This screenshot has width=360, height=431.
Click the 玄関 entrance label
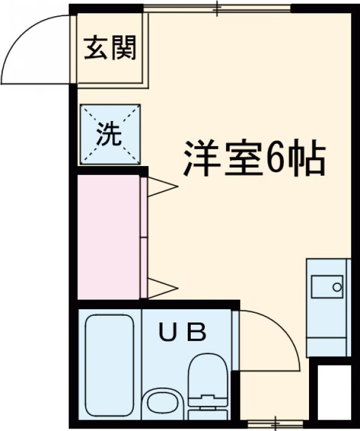pyautogui.click(x=110, y=48)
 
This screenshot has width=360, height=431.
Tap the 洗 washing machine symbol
pyautogui.click(x=110, y=134)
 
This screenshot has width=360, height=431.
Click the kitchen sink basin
pyautogui.click(x=326, y=287)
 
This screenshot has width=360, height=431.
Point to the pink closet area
pyautogui.click(x=109, y=236)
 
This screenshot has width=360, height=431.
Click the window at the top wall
pyautogui.click(x=218, y=8)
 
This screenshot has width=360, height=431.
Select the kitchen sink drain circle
pyautogui.click(x=337, y=288)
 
